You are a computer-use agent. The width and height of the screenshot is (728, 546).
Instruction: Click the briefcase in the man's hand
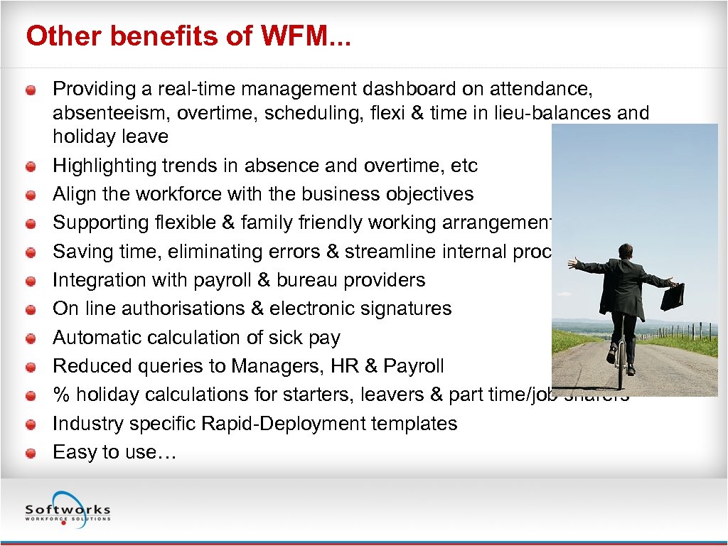[x=672, y=296]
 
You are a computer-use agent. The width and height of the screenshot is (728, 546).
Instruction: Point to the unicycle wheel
[x=620, y=370]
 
